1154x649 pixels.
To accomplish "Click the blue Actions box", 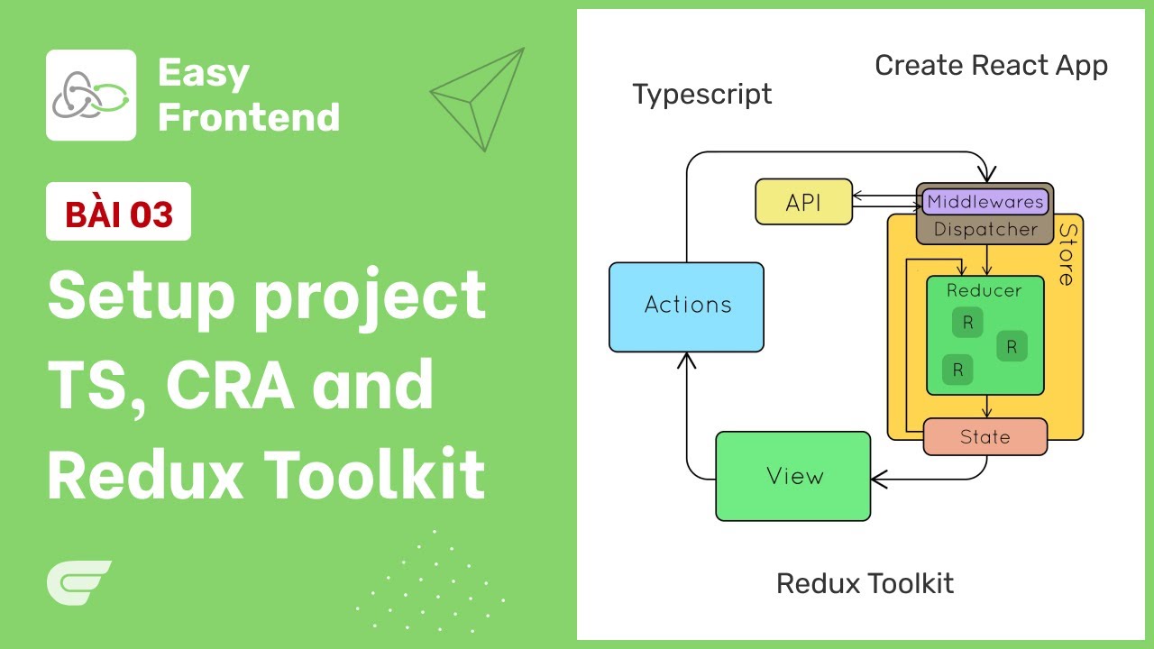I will pos(686,306).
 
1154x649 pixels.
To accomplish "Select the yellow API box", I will pos(803,202).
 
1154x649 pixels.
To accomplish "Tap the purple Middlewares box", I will pos(985,201).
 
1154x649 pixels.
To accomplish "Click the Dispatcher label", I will pos(985,230).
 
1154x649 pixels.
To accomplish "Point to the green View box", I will pos(793,476).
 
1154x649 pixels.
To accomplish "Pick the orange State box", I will pos(985,437).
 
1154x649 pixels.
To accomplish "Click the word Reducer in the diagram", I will pos(985,291).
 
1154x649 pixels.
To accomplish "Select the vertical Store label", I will pos(1067,254).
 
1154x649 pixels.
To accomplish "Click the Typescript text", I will pos(701,95).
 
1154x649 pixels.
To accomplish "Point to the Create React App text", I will pos(991,66).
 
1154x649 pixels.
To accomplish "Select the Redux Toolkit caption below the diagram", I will pos(865,583).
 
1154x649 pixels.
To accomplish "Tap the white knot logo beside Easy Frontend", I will pos(91,95).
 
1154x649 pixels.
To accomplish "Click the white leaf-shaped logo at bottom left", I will pos(78,581).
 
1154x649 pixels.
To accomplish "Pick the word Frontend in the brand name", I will pos(249,117).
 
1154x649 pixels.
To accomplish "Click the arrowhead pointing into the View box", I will pos(877,479).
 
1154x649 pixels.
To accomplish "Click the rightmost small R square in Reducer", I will pos(1011,346).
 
